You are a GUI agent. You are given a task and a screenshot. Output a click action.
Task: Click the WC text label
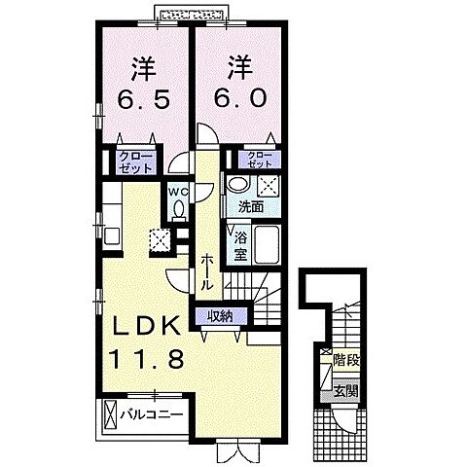coord(176,192)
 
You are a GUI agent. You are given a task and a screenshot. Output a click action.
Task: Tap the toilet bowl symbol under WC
coord(176,208)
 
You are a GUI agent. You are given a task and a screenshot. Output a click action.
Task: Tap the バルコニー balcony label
coord(151,415)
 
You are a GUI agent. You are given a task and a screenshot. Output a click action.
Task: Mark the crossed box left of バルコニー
coord(109,415)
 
